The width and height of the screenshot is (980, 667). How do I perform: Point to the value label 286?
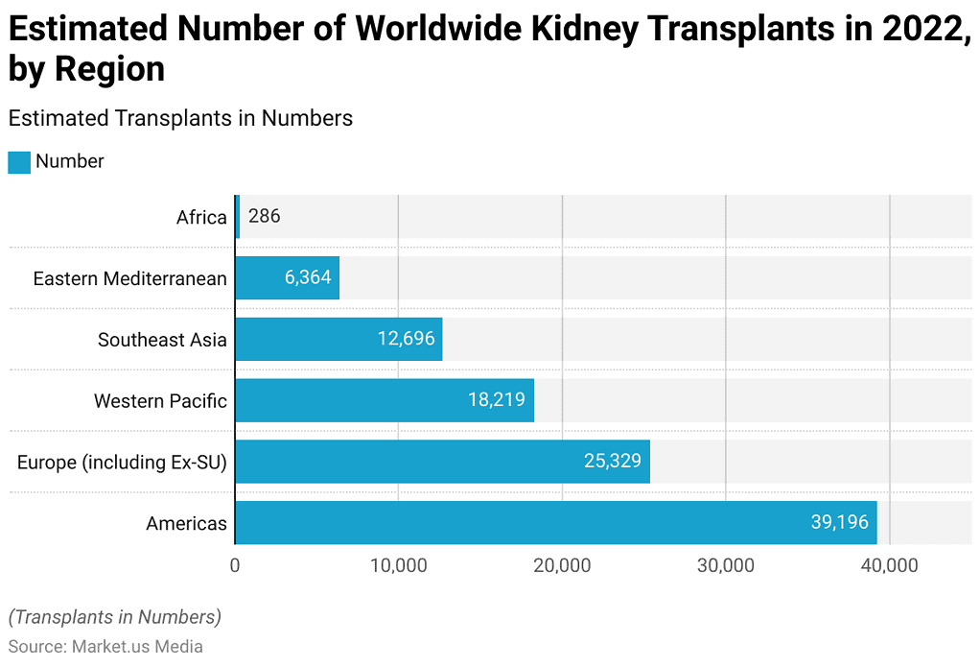pos(264,216)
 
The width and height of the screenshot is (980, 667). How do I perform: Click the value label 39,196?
pos(839,523)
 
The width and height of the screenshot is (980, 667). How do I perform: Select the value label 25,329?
pos(612,462)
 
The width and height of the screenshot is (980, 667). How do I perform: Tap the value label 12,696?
pos(406,339)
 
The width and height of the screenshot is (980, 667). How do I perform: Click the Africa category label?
pos(201,218)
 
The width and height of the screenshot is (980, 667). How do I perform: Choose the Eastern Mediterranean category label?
pos(129,278)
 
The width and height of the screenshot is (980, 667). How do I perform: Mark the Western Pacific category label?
pos(160,401)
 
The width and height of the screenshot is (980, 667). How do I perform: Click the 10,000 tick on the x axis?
pos(398,566)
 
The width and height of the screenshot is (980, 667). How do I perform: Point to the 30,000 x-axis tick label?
pos(726,566)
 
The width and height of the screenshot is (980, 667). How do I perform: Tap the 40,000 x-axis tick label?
pos(890,566)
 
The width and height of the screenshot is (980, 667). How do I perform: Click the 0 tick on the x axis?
pos(235,566)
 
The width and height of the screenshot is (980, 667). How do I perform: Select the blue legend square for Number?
pos(19,162)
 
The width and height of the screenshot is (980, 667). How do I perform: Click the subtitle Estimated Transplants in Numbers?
pos(180,118)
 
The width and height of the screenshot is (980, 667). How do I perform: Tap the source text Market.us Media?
pos(137,647)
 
